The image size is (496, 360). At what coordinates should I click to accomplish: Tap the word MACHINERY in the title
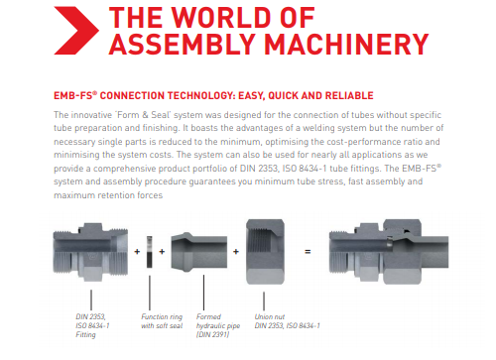pyautogui.click(x=346, y=45)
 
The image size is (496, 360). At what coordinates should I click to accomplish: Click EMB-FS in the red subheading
pyautogui.click(x=75, y=96)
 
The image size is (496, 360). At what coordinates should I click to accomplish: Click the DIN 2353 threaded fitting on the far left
pyautogui.click(x=90, y=252)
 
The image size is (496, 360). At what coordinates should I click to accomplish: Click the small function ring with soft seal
pyautogui.click(x=150, y=252)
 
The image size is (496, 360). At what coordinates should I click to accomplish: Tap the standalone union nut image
pyautogui.click(x=265, y=252)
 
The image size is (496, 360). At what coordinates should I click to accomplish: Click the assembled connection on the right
pyautogui.click(x=389, y=252)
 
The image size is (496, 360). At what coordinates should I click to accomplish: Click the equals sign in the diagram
pyautogui.click(x=308, y=252)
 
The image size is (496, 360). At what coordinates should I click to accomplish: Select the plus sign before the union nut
pyautogui.click(x=236, y=252)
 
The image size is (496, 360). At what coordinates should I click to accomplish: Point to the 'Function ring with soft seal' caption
pyautogui.click(x=162, y=321)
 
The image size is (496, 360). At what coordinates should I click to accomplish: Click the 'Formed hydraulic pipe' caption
pyautogui.click(x=218, y=325)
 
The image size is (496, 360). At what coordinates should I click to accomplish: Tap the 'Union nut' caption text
pyautogui.click(x=270, y=317)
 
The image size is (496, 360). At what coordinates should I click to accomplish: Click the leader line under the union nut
pyautogui.click(x=264, y=300)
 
